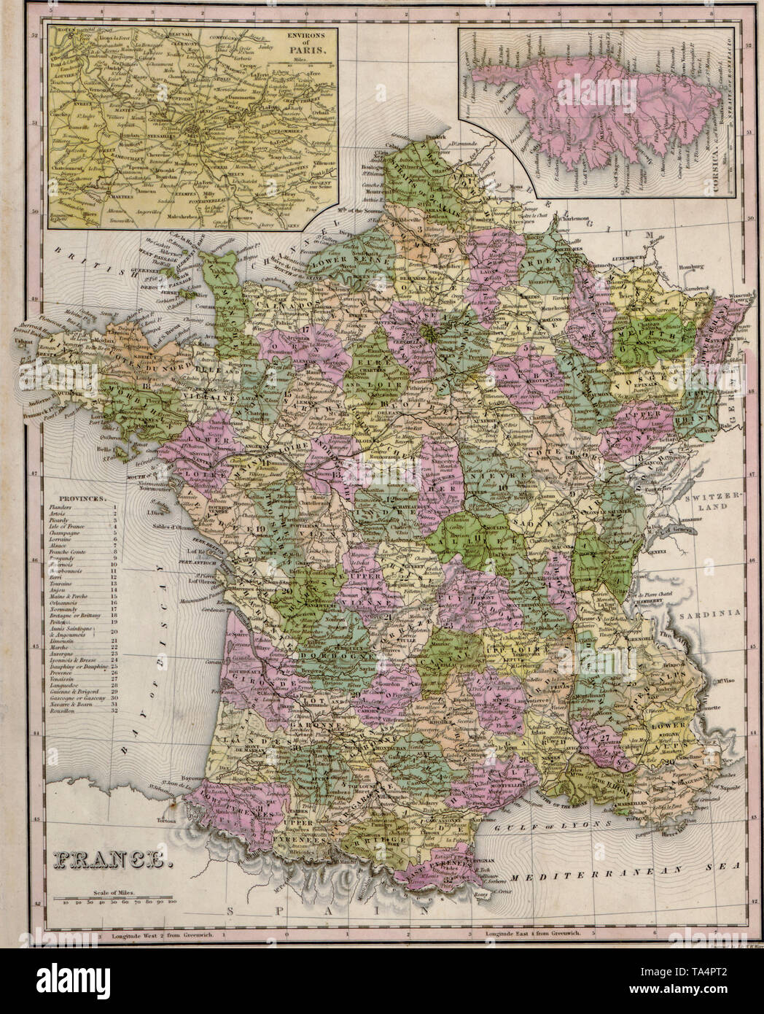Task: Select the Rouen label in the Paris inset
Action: pos(62,31)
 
